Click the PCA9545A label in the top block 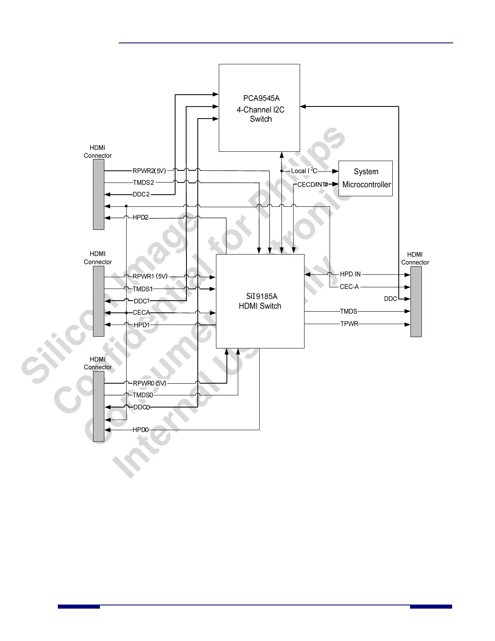261,98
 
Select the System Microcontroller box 365,178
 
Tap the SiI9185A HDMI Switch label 260,301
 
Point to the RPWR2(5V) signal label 149,171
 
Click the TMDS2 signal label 143,183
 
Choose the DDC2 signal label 141,195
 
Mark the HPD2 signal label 140,218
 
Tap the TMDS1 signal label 143,289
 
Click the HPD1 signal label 142,325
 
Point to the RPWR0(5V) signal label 150,383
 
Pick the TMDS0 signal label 143,395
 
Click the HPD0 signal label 141,430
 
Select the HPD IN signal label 350,274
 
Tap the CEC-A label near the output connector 349,287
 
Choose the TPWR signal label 349,324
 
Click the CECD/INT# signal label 313,185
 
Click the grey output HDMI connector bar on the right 416,301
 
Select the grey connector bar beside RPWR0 99,406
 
